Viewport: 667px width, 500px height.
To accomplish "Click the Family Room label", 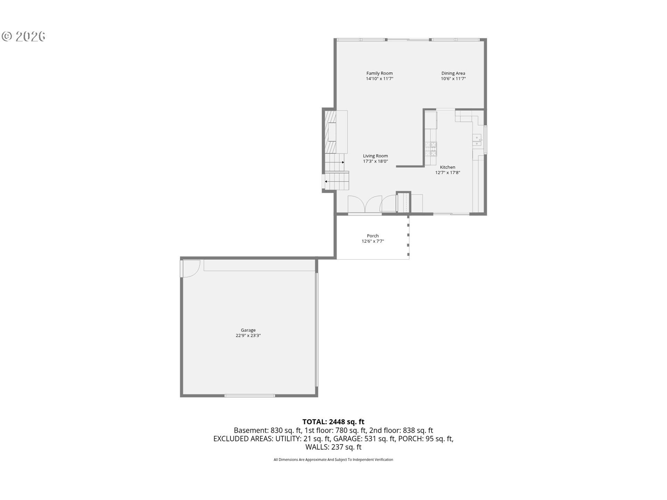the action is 379,73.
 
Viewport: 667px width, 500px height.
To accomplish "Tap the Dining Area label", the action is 453,73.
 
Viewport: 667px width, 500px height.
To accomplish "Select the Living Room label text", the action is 375,156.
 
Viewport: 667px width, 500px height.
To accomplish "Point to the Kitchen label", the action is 447,167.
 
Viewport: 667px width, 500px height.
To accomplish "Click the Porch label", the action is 373,236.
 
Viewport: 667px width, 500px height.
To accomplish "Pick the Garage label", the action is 248,330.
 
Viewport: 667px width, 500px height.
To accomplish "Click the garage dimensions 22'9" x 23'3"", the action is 248,335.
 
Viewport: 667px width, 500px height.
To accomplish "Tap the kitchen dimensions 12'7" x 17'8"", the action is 447,173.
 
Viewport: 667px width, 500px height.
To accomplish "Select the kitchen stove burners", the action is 431,149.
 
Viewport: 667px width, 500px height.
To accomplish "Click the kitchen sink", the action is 477,140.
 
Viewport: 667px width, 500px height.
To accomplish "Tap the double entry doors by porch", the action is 365,204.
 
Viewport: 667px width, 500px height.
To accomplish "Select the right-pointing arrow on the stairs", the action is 343,162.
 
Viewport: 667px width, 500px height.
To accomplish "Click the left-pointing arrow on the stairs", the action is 326,181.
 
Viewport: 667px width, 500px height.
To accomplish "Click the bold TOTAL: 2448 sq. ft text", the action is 333,422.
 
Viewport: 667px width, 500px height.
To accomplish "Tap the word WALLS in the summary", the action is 317,447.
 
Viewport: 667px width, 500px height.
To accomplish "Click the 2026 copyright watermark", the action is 24,36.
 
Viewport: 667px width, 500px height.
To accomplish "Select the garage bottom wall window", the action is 249,395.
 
